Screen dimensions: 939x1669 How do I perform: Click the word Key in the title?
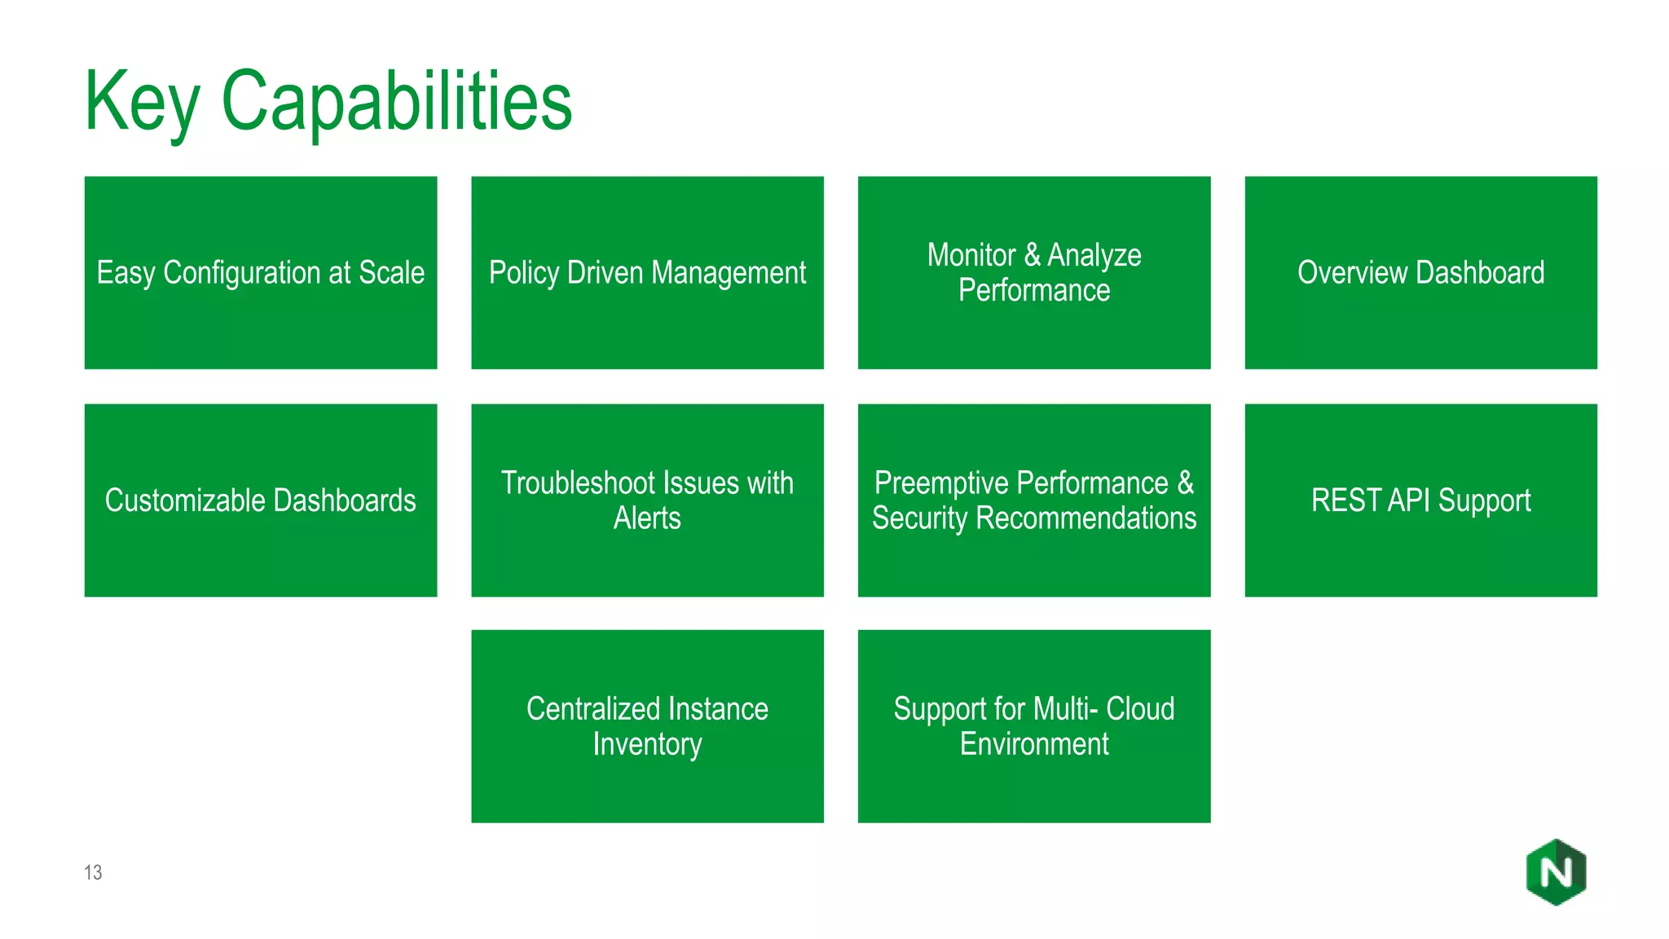point(142,102)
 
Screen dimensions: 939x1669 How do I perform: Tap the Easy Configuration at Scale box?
point(261,272)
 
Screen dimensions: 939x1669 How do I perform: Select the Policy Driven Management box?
point(647,272)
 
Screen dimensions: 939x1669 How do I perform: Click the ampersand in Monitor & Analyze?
point(1032,255)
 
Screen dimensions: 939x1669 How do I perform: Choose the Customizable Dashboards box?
point(261,500)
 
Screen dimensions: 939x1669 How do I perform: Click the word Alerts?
point(647,518)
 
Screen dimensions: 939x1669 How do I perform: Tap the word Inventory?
point(647,744)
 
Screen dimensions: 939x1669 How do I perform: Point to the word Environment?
point(1033,744)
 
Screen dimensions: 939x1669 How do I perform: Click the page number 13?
point(93,873)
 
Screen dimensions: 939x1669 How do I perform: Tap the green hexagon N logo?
point(1556,872)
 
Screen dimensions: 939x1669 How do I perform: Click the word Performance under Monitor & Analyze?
point(1033,291)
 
